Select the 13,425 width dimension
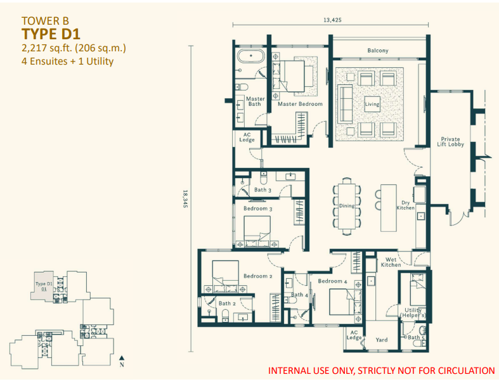coord(332,20)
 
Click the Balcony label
coord(377,51)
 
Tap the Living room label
coord(372,104)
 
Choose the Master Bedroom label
coord(301,104)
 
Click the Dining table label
coord(346,205)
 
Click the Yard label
coord(381,340)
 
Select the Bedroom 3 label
coord(258,208)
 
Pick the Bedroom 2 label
coord(257,276)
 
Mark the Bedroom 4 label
coord(332,281)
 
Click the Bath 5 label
coord(415,337)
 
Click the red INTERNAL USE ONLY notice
coord(382,370)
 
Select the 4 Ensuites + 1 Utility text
coord(67,61)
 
